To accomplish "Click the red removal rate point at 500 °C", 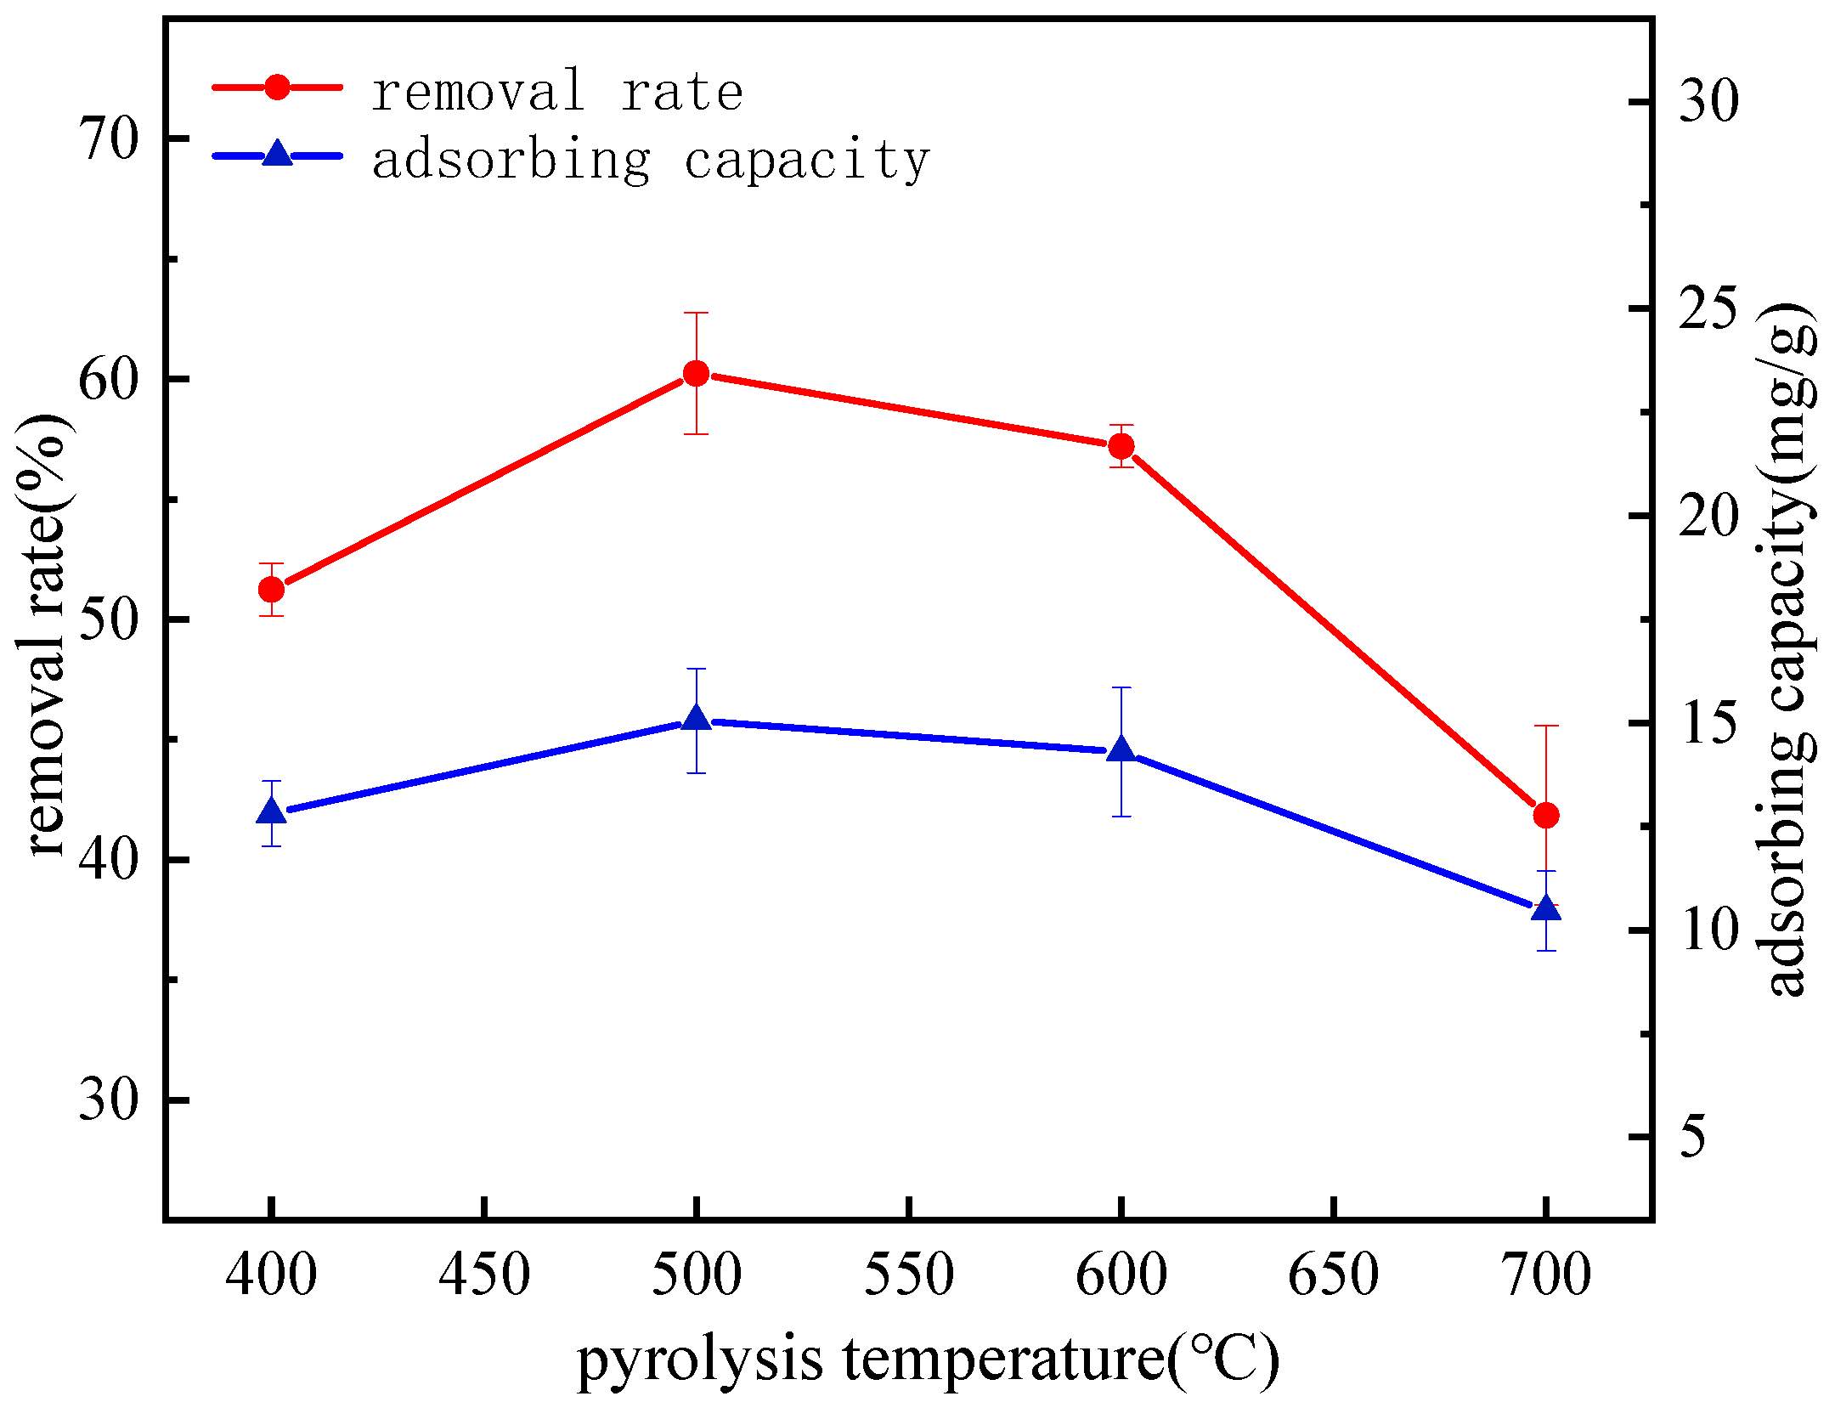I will pos(696,373).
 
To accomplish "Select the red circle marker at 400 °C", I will pos(271,589).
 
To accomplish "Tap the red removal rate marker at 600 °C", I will pos(1121,446).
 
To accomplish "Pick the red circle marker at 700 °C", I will pos(1546,815).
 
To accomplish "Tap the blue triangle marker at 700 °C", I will pos(1546,908).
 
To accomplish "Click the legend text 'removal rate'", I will pos(557,92).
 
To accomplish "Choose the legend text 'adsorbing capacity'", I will pos(651,160).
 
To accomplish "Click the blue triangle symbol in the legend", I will pos(277,155).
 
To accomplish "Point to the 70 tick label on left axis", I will pos(109,139).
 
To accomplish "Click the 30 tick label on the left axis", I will pos(109,1100).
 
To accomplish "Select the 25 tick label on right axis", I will pos(1708,308).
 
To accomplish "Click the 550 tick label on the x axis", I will pos(909,1275).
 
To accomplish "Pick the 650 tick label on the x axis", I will pos(1334,1275).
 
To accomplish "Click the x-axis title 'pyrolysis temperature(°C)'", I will pos(928,1358).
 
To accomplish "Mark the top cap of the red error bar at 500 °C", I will pos(696,313).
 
